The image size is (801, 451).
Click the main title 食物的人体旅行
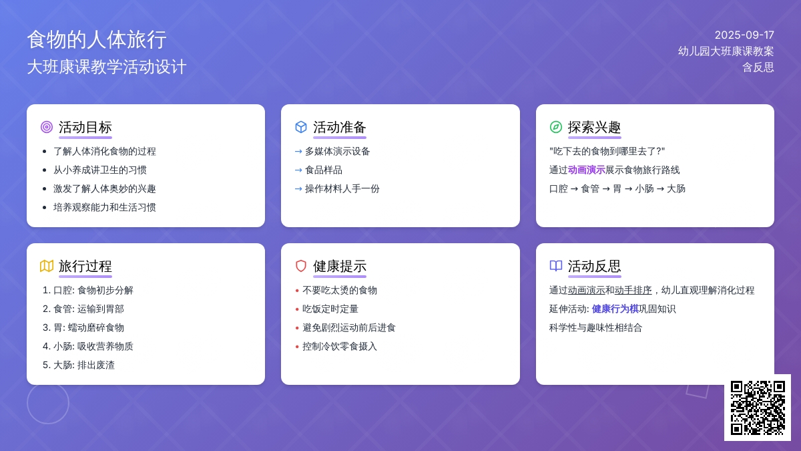tap(97, 39)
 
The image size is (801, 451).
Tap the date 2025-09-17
tap(744, 35)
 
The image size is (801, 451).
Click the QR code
tap(758, 408)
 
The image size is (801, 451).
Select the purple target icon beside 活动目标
tap(47, 127)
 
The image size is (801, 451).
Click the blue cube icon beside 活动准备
tap(301, 127)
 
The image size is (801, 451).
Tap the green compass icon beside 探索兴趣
tap(555, 127)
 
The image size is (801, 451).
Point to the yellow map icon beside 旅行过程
tap(47, 266)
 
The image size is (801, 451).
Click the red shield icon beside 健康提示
tap(301, 266)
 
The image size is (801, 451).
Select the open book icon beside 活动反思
tap(555, 266)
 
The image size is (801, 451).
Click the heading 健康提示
tap(340, 267)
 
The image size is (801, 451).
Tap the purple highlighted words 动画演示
tap(587, 170)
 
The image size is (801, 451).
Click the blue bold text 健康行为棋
tap(615, 309)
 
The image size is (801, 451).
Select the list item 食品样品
tap(324, 170)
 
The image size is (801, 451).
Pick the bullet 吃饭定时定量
tap(330, 309)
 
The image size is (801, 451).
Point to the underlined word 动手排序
tap(633, 290)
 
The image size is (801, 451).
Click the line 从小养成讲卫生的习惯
tap(99, 170)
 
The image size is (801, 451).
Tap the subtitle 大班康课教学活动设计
tap(107, 67)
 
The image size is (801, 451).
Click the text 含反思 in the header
tap(758, 67)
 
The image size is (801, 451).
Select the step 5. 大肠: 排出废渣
tap(79, 365)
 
